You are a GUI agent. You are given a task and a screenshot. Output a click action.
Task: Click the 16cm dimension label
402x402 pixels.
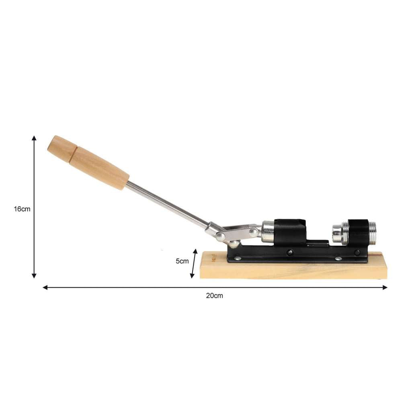(22, 209)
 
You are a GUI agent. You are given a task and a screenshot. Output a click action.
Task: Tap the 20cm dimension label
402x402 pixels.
(215, 295)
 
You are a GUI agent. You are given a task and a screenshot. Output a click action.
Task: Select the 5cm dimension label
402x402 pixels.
(182, 261)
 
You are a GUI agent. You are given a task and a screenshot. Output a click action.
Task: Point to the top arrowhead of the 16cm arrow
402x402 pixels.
(34, 138)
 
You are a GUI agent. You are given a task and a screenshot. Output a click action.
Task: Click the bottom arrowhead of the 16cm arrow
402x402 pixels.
(34, 276)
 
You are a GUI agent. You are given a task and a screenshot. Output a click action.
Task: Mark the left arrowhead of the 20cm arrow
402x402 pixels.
(45, 287)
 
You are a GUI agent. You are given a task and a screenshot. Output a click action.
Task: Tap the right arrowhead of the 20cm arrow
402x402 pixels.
(385, 287)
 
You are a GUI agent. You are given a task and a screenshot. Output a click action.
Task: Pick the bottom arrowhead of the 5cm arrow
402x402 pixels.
(192, 276)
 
